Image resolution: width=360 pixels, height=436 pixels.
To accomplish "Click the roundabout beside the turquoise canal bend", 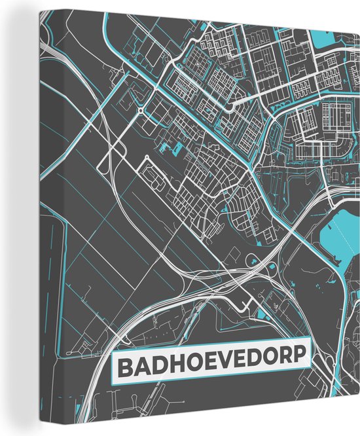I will click(140, 113).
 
